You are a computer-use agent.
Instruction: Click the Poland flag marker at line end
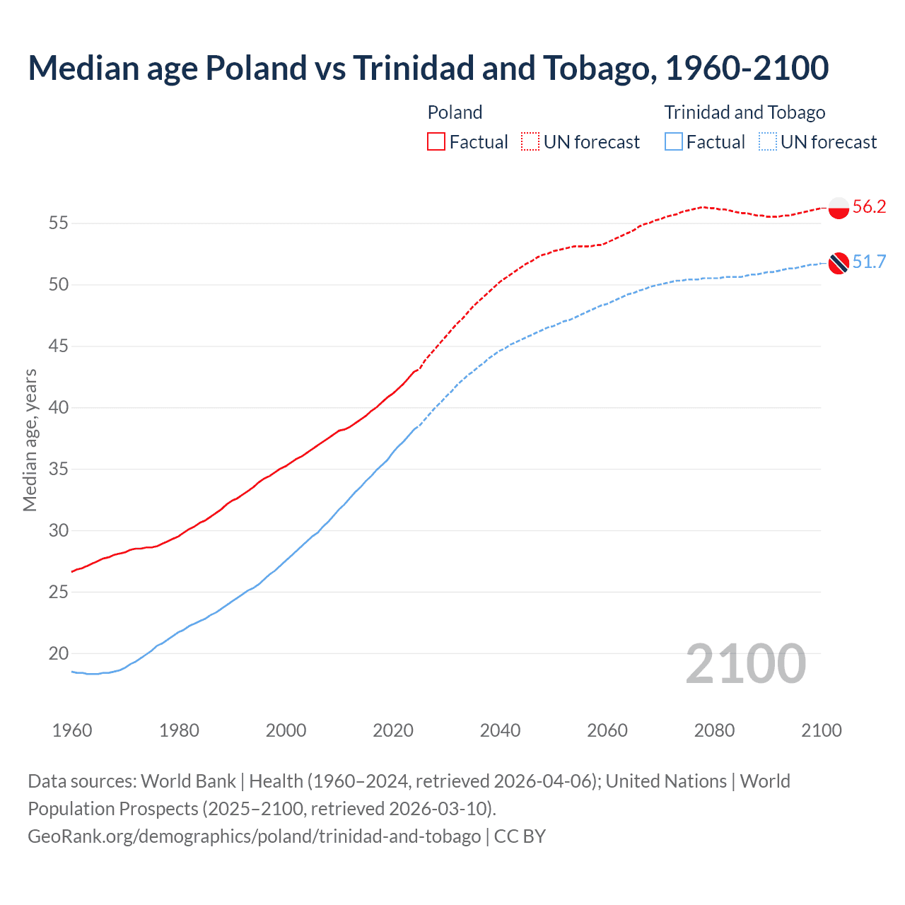(x=839, y=208)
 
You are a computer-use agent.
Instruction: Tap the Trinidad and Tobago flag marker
(x=839, y=263)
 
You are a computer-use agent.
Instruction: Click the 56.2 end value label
(x=869, y=207)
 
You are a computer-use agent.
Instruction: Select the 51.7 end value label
(x=869, y=262)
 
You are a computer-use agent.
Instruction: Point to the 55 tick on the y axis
(x=58, y=223)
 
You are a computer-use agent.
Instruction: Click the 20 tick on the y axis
(x=58, y=653)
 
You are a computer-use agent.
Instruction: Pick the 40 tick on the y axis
(x=58, y=408)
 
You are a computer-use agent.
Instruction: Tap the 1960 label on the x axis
(x=72, y=730)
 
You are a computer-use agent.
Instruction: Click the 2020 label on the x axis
(x=393, y=730)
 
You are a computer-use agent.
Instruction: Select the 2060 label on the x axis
(x=607, y=730)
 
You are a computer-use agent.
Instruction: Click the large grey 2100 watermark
(x=745, y=663)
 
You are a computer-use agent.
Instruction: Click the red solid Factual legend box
(x=436, y=142)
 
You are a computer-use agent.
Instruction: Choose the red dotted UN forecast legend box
(x=530, y=142)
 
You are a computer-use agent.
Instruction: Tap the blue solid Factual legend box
(x=674, y=142)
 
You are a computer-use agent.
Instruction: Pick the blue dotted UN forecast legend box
(x=768, y=142)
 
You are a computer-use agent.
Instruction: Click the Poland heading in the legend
(x=455, y=112)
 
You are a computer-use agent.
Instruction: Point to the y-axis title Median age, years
(x=30, y=440)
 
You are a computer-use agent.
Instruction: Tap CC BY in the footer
(x=520, y=836)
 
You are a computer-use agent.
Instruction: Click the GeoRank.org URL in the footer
(x=254, y=836)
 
